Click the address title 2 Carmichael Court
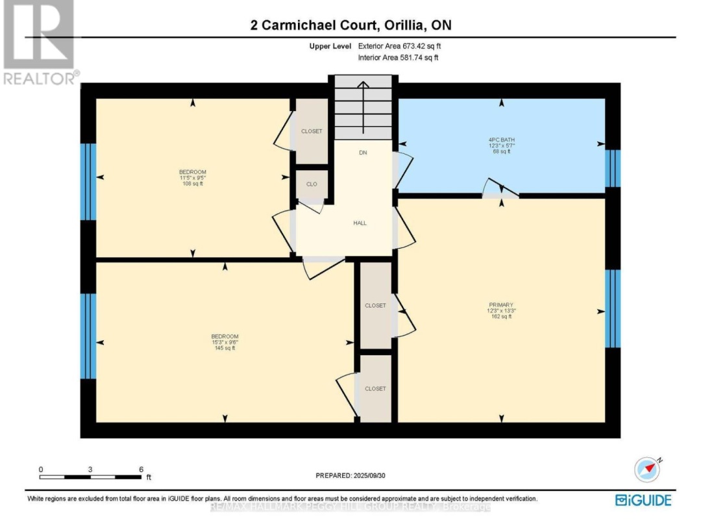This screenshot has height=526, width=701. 350,25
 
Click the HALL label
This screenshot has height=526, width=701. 360,223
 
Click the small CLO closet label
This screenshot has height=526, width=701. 312,184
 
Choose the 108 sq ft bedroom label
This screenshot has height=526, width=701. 192,178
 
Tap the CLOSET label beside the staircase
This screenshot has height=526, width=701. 312,131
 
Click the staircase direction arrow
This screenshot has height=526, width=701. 363,104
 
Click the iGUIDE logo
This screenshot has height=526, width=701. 643,499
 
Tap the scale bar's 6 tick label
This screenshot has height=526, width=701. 140,469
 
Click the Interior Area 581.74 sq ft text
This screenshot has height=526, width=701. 399,58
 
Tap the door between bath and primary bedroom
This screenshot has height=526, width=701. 500,192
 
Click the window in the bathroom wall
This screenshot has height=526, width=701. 613,168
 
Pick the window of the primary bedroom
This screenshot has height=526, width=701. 613,308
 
